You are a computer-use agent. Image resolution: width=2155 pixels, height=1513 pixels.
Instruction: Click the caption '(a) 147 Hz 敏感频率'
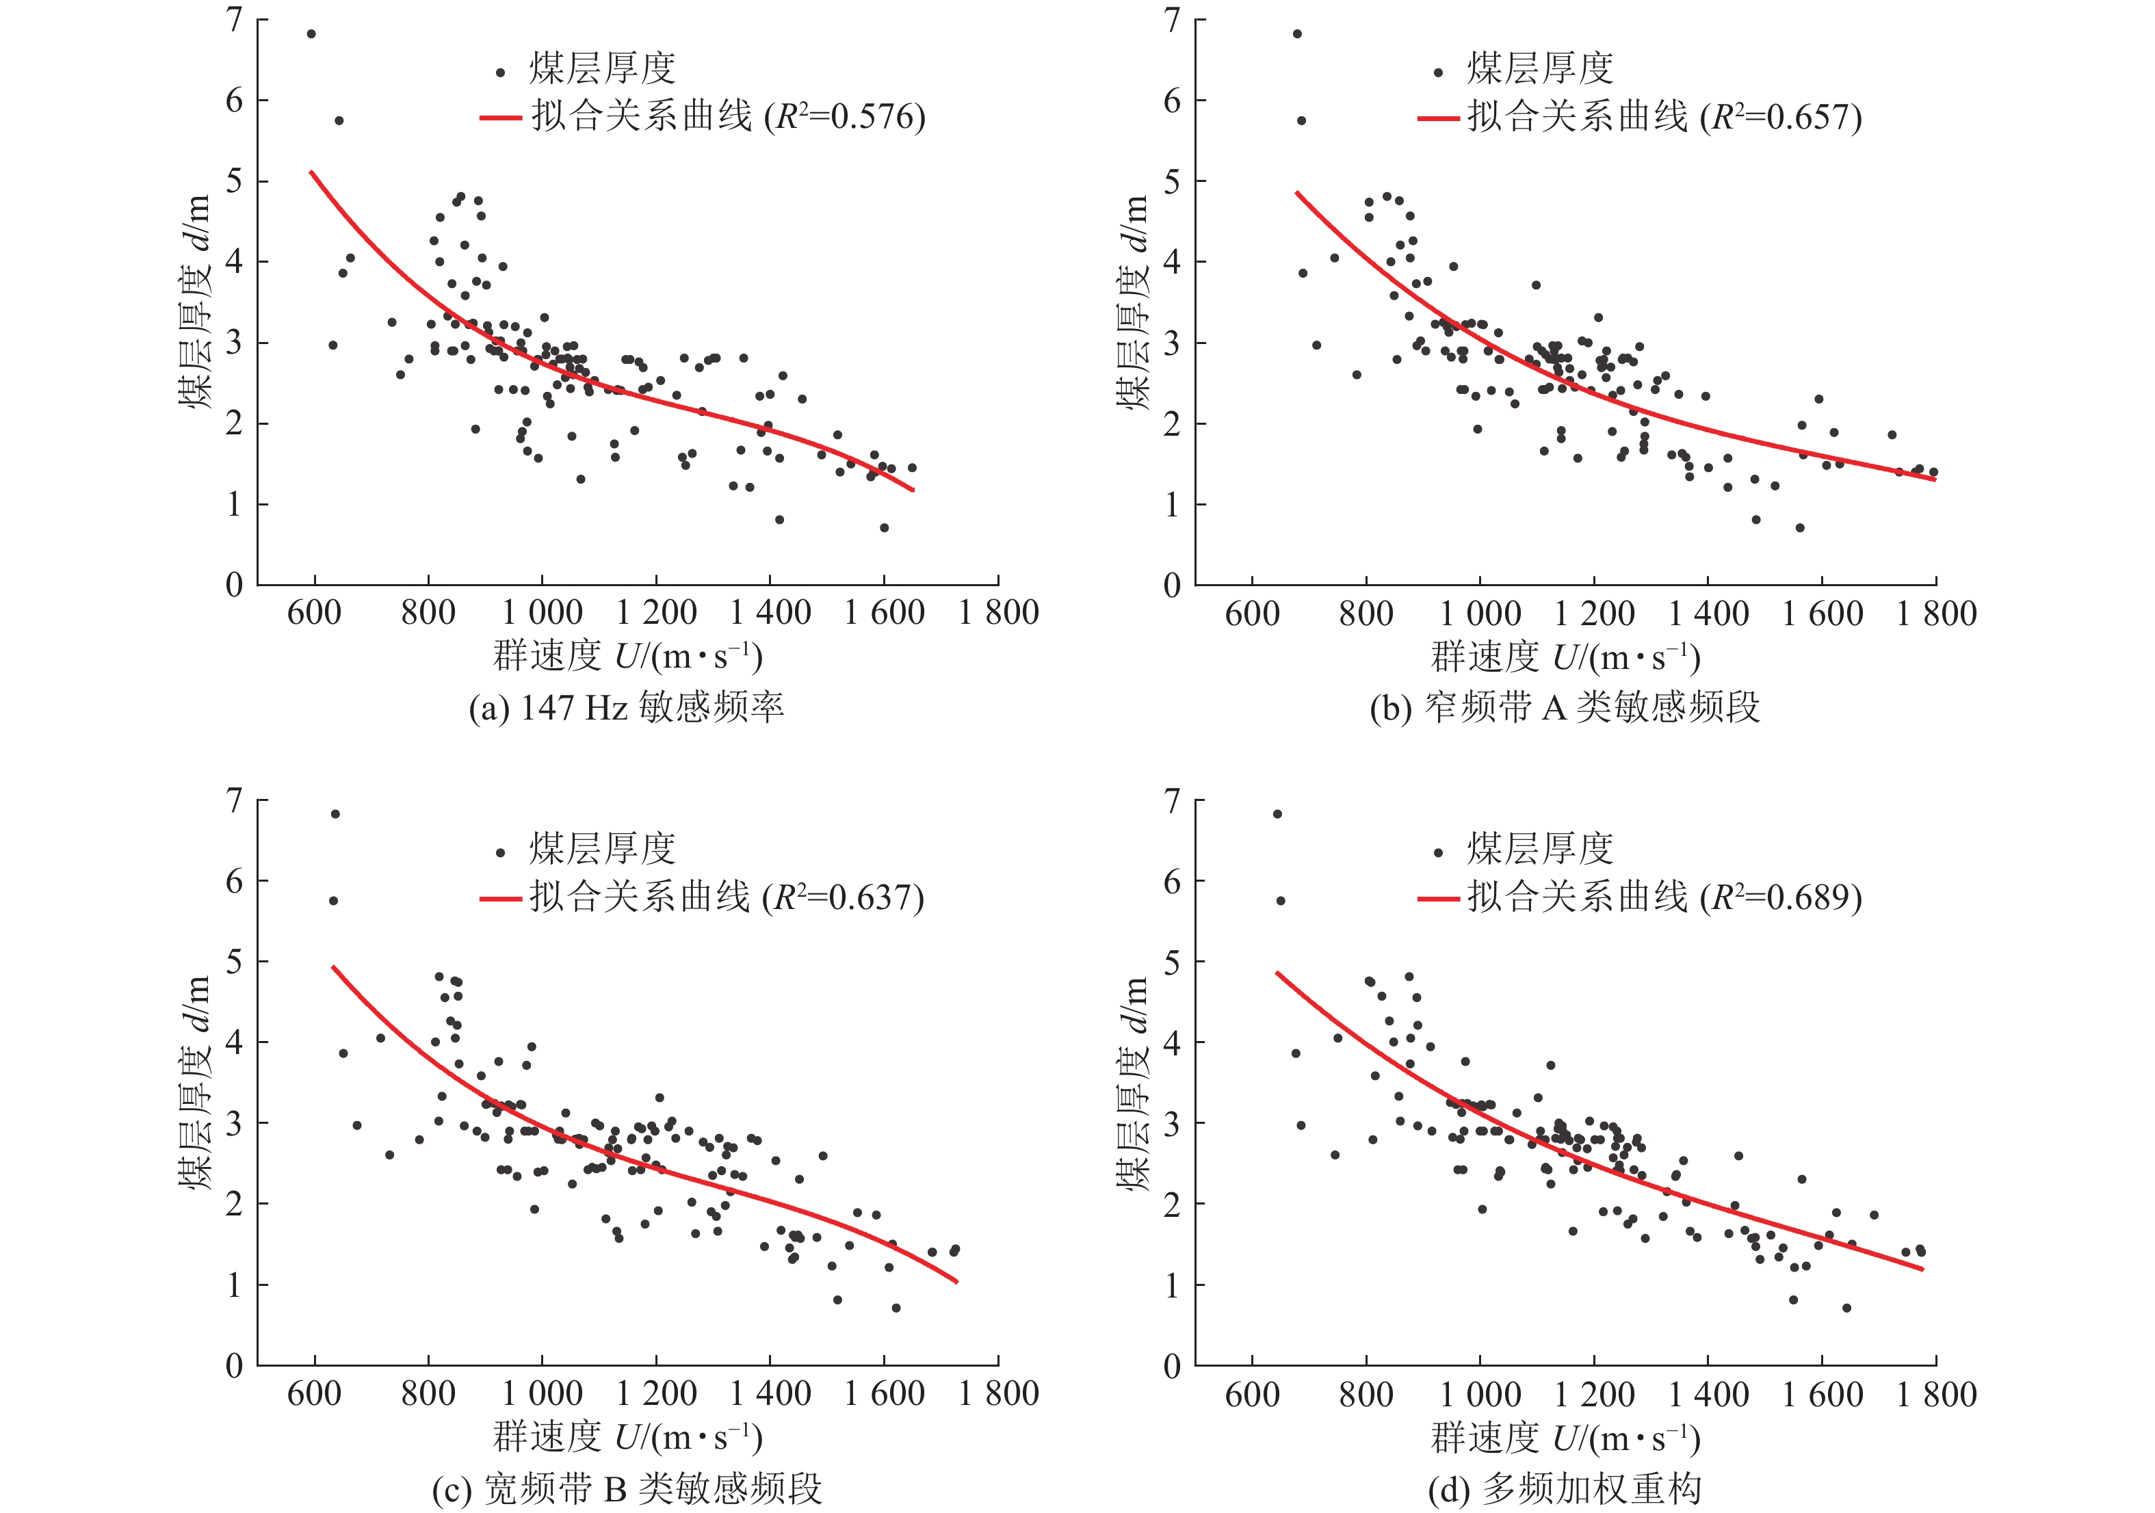[x=626, y=707]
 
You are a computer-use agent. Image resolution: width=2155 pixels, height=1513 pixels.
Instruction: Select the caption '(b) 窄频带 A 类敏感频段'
[x=1565, y=707]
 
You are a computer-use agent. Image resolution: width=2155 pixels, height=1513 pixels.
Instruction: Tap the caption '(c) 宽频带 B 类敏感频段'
[x=626, y=1488]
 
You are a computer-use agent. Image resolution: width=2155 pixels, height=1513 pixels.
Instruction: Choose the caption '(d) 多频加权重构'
[x=1565, y=1488]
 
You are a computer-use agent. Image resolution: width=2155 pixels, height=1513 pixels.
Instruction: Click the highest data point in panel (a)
[x=311, y=34]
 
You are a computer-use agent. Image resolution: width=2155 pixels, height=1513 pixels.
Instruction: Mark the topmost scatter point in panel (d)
[x=1277, y=814]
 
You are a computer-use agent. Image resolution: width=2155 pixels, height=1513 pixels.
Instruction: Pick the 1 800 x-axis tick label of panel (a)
[x=997, y=613]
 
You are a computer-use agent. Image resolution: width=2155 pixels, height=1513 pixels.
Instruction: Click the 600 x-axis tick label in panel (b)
[x=1252, y=613]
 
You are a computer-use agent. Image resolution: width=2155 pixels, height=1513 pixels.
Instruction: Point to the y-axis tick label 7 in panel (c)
[x=234, y=800]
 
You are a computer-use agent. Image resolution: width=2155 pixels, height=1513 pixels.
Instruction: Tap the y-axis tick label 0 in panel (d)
[x=1173, y=1366]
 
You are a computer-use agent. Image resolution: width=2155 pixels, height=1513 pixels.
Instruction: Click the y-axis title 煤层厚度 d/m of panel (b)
[x=1134, y=302]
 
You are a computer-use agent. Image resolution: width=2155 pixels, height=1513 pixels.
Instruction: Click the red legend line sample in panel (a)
[x=500, y=118]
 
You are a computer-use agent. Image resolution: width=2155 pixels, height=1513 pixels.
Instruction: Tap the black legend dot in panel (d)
[x=1438, y=852]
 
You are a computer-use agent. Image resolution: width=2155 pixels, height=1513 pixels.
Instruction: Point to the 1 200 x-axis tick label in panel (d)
[x=1594, y=1394]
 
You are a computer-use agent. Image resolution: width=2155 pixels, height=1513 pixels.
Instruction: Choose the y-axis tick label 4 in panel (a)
[x=234, y=262]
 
